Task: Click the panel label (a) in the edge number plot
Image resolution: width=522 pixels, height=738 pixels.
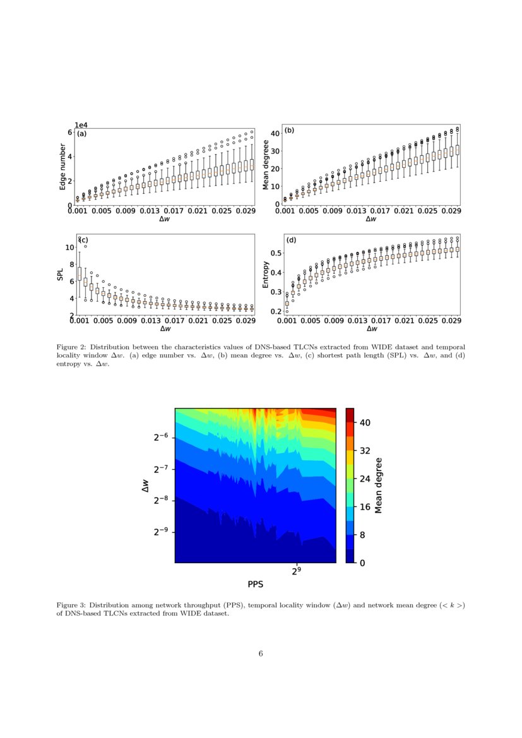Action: [x=81, y=134]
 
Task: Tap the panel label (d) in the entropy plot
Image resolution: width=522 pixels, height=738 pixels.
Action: [x=291, y=241]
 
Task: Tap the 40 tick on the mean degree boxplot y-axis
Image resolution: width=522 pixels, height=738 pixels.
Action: [x=275, y=134]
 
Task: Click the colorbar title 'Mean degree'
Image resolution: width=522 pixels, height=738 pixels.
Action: [x=379, y=485]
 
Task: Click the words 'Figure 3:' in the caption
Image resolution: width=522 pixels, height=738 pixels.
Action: [x=72, y=605]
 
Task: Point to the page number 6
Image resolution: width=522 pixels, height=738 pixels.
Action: [x=261, y=653]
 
